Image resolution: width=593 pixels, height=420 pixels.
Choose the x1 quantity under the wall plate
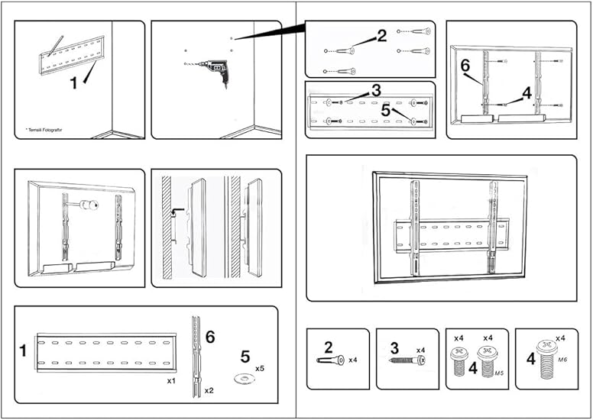173,379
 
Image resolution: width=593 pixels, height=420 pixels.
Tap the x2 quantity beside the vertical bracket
209,390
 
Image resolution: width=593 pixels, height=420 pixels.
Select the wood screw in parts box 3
406,360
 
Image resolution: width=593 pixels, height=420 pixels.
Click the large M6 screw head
546,347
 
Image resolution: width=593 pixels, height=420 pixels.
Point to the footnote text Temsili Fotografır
44,130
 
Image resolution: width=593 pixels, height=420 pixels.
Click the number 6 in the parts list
210,337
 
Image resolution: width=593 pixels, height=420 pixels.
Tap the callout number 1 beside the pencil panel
74,83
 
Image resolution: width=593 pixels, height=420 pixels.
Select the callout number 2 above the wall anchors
381,34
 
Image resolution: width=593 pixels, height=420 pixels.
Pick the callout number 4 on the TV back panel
526,93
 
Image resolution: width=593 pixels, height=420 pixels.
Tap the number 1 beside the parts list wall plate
23,351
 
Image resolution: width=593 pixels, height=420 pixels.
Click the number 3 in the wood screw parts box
394,348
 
